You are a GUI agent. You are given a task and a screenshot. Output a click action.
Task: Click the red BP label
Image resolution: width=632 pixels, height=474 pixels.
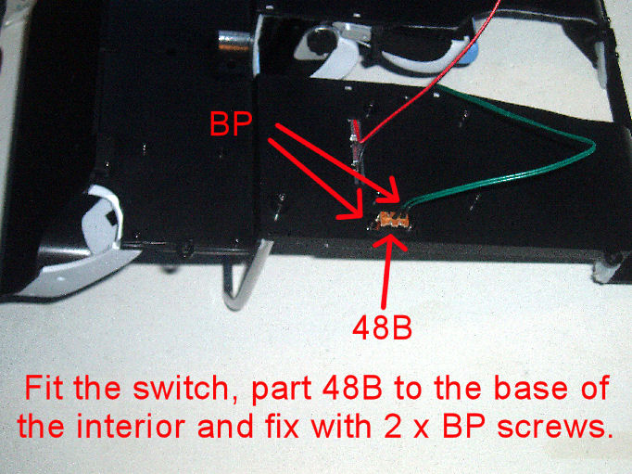231,124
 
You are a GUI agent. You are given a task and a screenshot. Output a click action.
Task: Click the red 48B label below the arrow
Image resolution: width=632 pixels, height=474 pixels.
382,327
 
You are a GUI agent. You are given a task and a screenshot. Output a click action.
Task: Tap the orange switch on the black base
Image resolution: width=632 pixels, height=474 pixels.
393,221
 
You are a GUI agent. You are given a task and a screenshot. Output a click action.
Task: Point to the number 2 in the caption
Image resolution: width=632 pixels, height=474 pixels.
393,427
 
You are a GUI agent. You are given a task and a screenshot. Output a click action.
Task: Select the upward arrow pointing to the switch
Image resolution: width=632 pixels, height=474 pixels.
387,270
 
